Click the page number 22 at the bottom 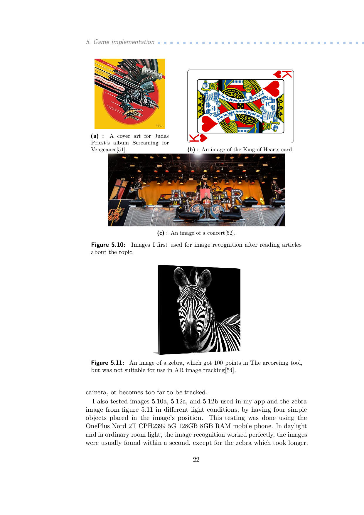(x=196, y=460)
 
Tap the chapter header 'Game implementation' (x=124, y=42)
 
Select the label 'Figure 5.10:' (x=108, y=245)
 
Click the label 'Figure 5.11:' (x=108, y=363)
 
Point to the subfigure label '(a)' (x=95, y=136)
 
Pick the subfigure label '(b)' (x=191, y=149)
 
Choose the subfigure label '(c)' (x=161, y=233)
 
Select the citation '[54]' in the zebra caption (x=230, y=370)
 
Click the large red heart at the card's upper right (x=272, y=88)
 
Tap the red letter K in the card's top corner (x=287, y=74)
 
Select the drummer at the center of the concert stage (x=206, y=197)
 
